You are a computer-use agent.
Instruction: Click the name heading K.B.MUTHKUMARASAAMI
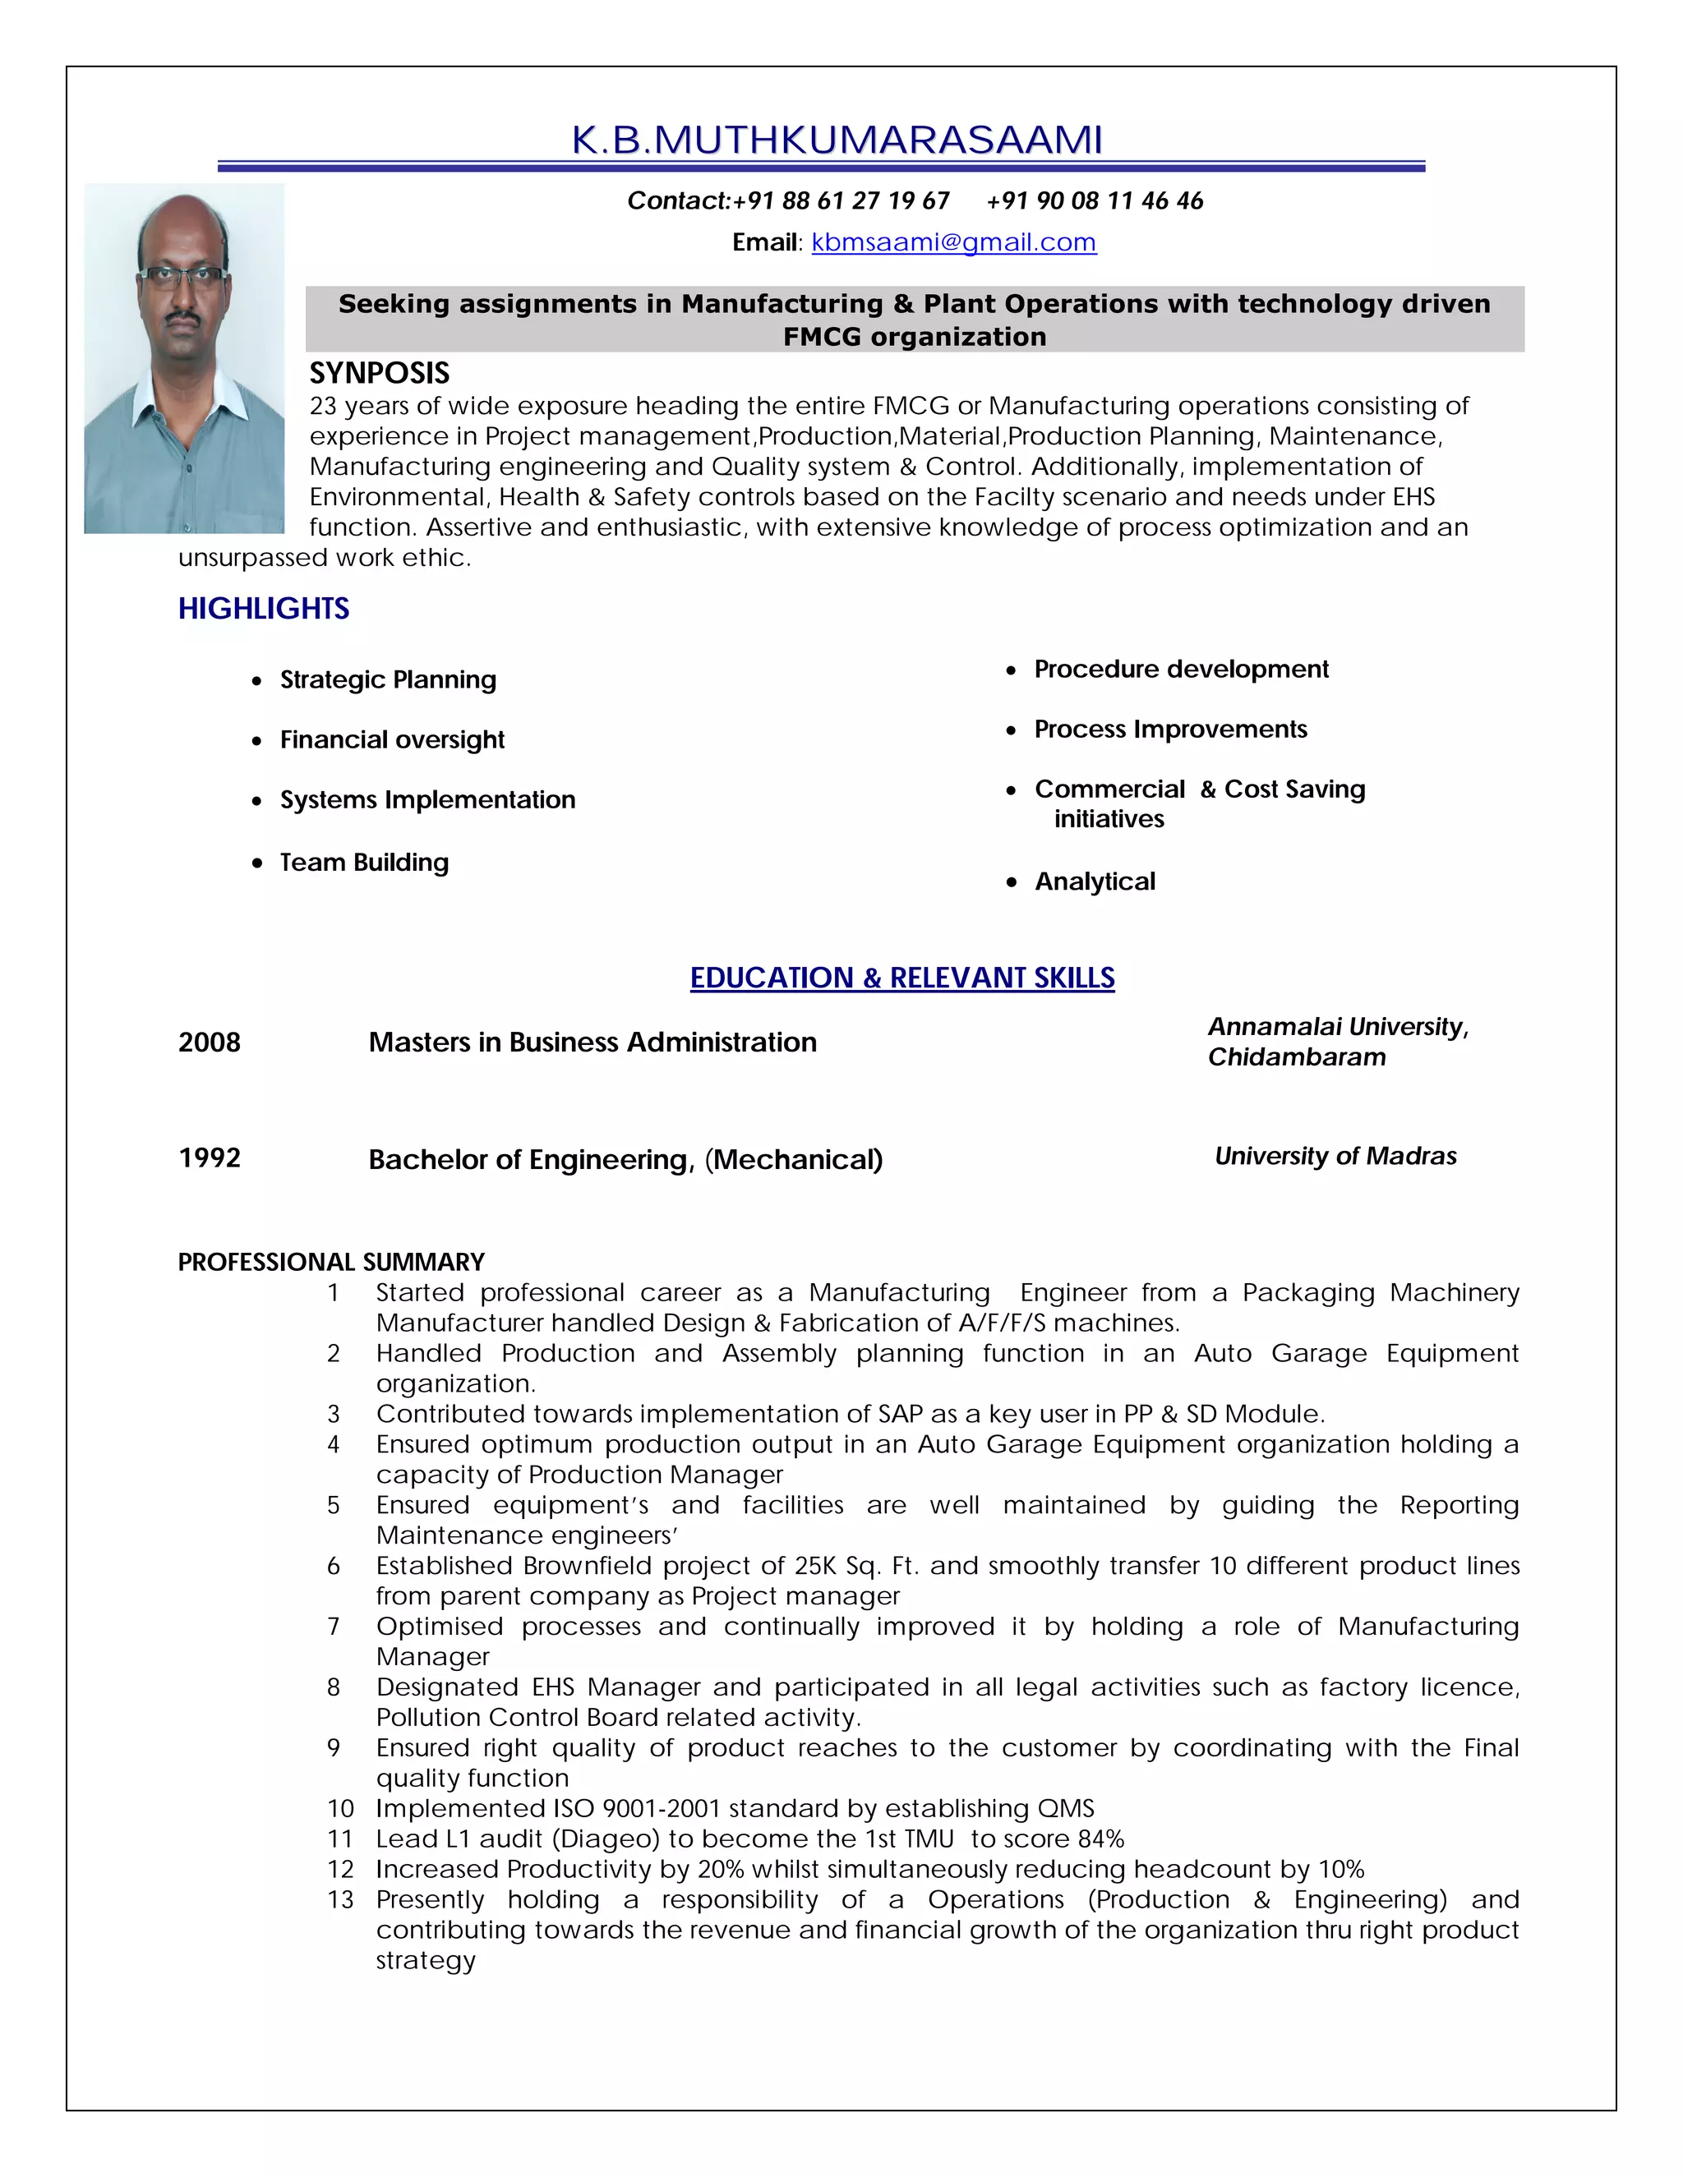coord(837,140)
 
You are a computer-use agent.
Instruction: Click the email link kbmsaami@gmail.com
coord(953,242)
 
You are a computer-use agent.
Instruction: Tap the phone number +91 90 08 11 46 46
coord(1094,201)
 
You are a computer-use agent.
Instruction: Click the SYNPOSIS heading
coord(379,373)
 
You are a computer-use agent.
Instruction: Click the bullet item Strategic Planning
coord(387,680)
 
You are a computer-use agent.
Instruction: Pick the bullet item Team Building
coord(364,863)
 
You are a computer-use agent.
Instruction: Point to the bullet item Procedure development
coord(1181,669)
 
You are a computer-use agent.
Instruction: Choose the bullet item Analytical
coord(1094,881)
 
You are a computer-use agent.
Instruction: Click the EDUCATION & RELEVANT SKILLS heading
coord(901,978)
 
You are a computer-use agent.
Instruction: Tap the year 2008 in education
coord(210,1042)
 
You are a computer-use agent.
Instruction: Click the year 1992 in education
coord(210,1158)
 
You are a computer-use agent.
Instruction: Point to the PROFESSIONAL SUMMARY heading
coord(331,1262)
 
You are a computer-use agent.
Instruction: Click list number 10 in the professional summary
coord(340,1809)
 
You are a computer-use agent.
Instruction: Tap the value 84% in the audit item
coord(1100,1839)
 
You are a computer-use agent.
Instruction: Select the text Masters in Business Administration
coord(593,1042)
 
